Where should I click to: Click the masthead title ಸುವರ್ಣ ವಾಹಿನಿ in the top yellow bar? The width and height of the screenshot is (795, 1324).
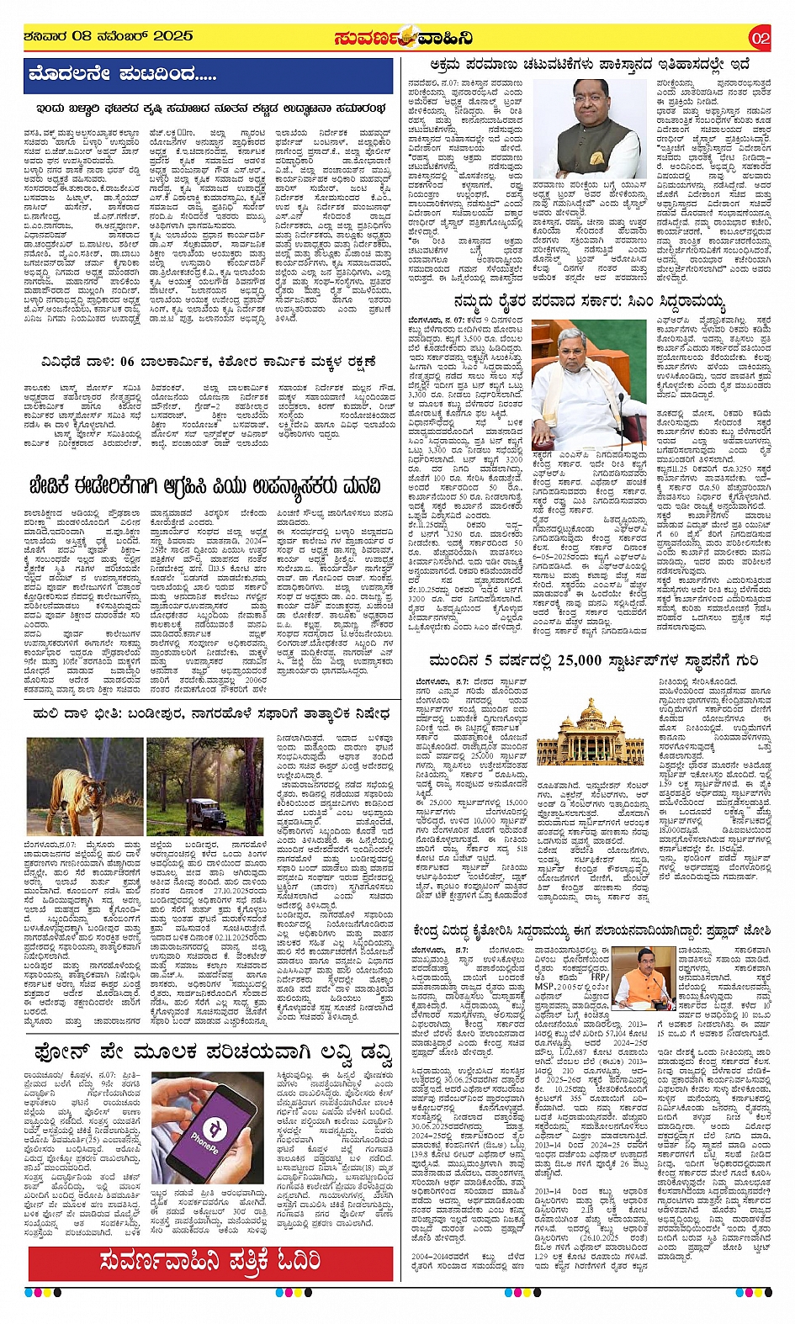click(x=403, y=38)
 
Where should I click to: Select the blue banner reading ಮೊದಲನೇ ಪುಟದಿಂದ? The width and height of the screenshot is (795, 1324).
click(x=209, y=76)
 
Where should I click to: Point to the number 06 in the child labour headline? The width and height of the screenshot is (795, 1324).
click(x=128, y=362)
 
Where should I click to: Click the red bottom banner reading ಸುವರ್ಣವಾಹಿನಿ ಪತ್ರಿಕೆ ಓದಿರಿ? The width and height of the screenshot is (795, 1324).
click(x=210, y=1261)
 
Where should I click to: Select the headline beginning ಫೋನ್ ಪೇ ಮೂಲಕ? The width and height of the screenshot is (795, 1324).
click(x=214, y=1052)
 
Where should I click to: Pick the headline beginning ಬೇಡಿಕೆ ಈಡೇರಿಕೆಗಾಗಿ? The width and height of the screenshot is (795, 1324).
click(x=203, y=485)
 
